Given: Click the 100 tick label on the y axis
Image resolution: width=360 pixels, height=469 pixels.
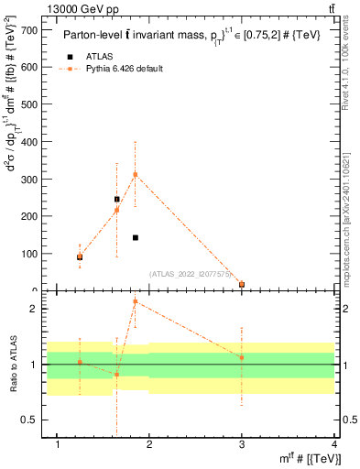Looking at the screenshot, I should coord(27,254).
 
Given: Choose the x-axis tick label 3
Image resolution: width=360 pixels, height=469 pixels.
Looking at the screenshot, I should coord(242,445).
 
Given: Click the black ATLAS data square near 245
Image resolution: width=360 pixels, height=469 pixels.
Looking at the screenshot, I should coord(116,199).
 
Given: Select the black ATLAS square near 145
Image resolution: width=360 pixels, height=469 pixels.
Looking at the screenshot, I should coord(136,237).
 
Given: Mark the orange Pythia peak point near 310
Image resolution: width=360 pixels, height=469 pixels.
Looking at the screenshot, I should coord(136,174).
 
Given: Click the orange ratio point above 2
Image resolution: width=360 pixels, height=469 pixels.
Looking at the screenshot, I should coord(136,301).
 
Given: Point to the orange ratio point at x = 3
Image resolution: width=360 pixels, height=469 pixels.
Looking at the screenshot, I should coord(242,357).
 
